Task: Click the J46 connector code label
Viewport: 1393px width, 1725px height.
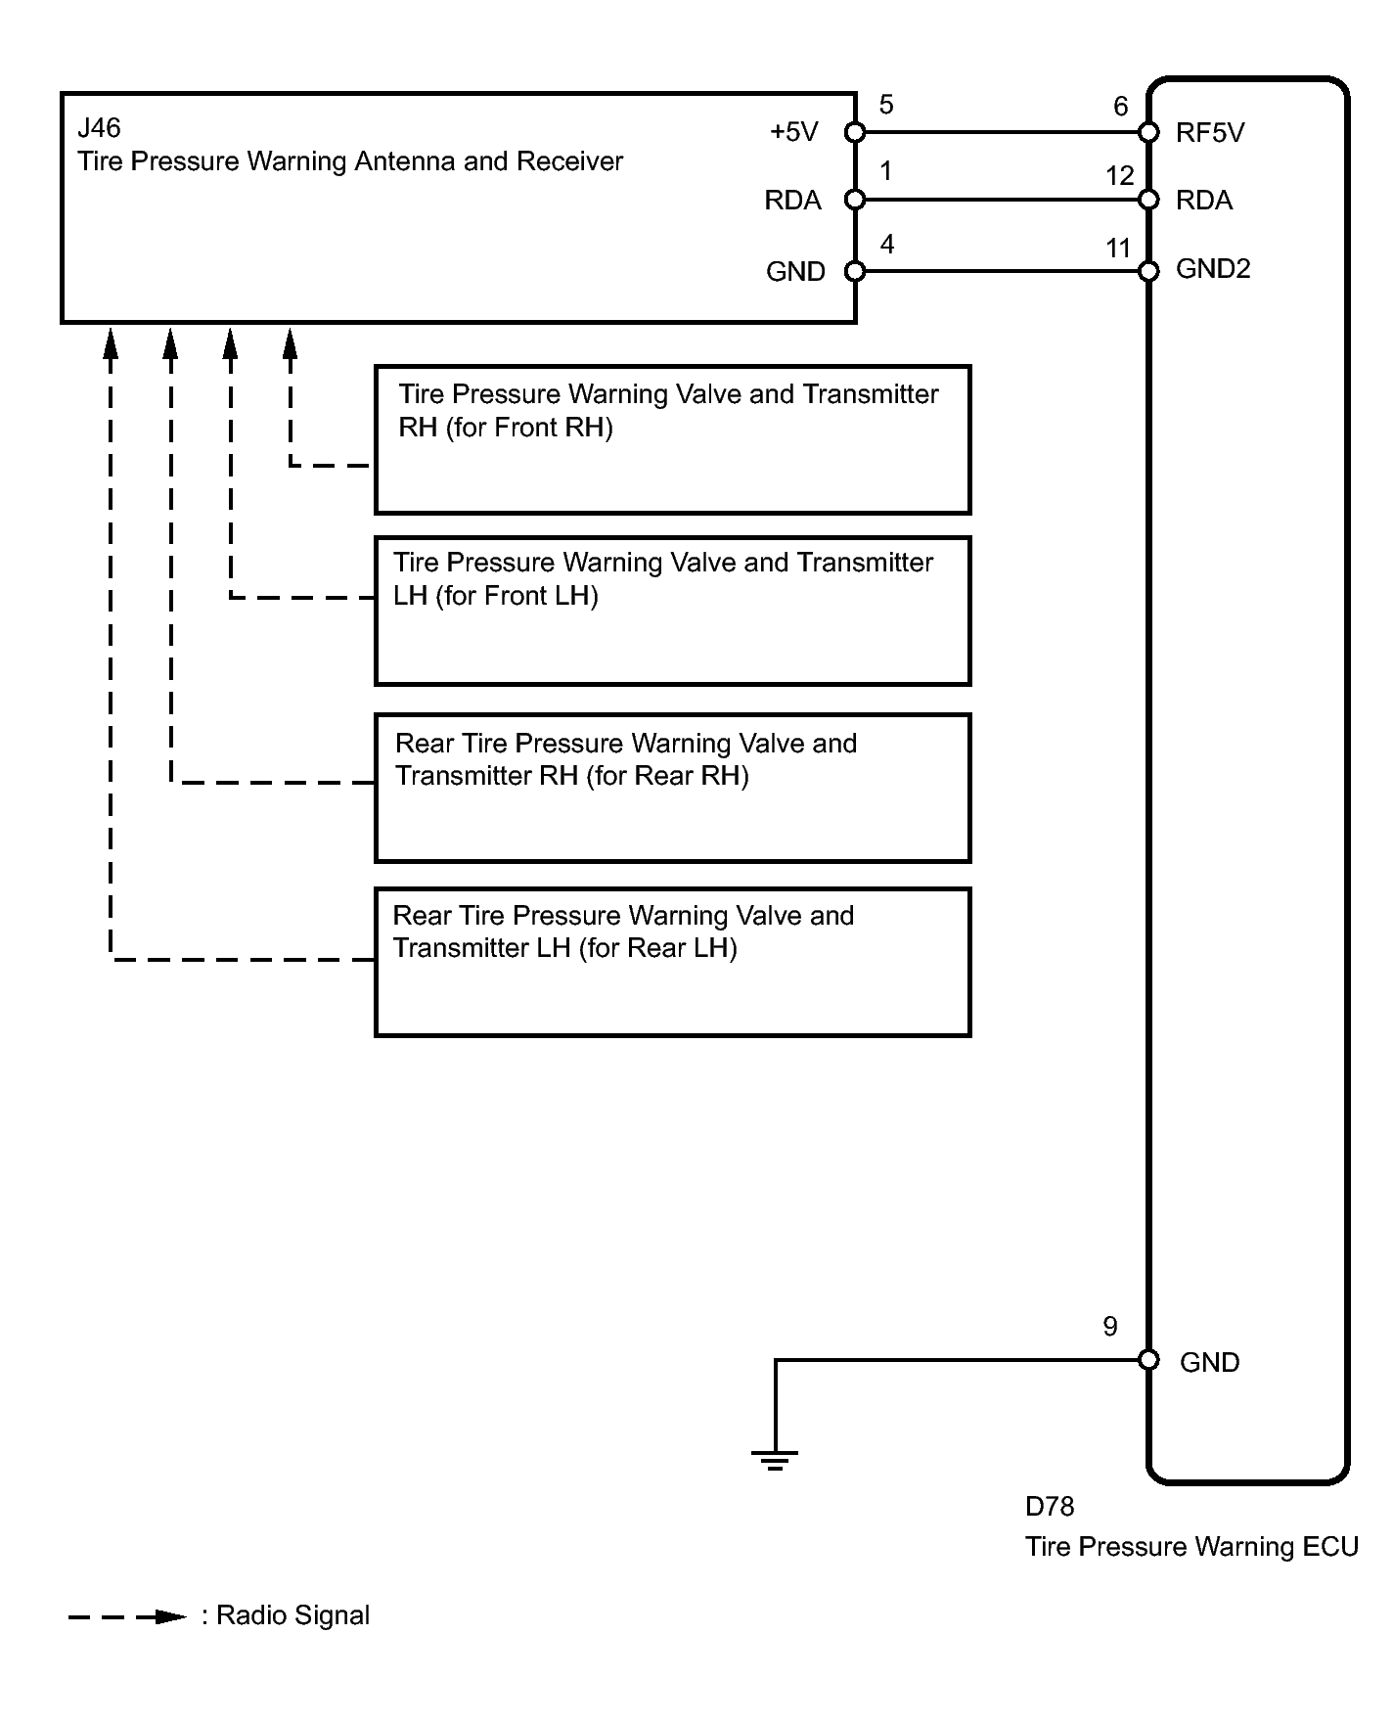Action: pos(99,128)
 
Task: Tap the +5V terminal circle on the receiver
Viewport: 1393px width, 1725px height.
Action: pos(855,132)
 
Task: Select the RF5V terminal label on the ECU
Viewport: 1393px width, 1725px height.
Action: pos(1210,133)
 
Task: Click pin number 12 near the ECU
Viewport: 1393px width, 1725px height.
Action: pos(1120,176)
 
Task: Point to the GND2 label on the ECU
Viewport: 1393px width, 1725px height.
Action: pos(1213,269)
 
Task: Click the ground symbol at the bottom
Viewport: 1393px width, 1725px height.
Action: pos(775,1460)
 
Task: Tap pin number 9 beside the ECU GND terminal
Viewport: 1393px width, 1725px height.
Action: pos(1110,1327)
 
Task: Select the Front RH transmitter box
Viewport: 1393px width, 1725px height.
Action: pos(672,440)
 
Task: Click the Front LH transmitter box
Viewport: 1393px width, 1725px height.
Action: pos(672,611)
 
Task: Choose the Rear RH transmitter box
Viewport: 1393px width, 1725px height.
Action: pos(672,788)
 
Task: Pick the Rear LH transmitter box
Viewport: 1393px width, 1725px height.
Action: pos(672,962)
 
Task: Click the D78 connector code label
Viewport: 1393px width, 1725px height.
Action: pos(1050,1507)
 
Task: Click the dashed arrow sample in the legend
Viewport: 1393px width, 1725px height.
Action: pos(127,1616)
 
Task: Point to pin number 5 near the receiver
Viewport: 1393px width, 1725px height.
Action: pos(886,105)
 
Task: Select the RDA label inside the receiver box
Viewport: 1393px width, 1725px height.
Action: pos(792,201)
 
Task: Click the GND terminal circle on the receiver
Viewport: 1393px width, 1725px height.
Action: pos(855,271)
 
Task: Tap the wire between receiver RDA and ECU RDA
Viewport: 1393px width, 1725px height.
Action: pos(1002,201)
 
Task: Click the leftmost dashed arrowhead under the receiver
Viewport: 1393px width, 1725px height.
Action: pos(111,341)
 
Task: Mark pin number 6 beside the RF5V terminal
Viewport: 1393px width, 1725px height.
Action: pos(1121,107)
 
